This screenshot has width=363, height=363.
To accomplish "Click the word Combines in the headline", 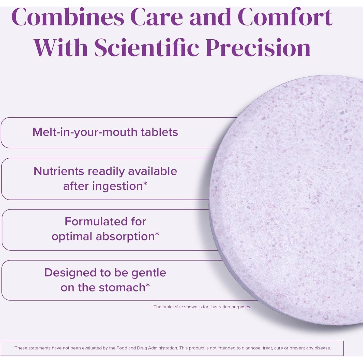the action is pyautogui.click(x=68, y=17).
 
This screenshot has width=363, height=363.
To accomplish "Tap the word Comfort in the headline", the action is pyautogui.click(x=285, y=17).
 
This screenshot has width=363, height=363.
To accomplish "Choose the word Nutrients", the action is pyautogui.click(x=59, y=171).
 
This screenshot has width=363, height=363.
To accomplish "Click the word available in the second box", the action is pyautogui.click(x=153, y=171).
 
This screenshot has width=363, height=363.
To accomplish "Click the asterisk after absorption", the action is pyautogui.click(x=157, y=234).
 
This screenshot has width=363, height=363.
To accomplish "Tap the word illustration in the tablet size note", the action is pyautogui.click(x=220, y=307).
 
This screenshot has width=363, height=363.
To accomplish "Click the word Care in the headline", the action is pyautogui.click(x=157, y=17).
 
